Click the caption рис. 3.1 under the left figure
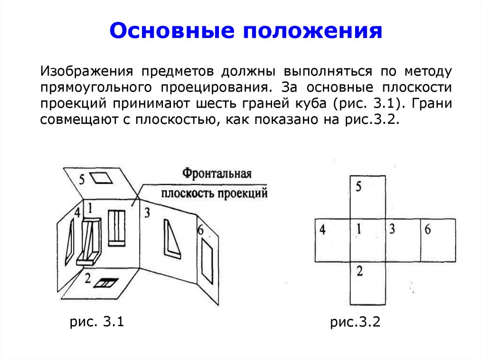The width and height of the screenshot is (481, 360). [x=96, y=322]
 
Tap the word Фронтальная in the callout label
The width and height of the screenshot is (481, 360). [x=217, y=173]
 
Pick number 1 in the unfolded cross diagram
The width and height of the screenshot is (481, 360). [x=358, y=230]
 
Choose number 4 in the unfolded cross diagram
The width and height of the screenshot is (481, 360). [x=323, y=230]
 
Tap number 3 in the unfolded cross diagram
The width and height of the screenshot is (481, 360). [x=392, y=230]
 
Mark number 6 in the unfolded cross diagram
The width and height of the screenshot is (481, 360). [x=427, y=230]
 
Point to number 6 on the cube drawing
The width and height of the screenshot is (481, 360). [x=201, y=230]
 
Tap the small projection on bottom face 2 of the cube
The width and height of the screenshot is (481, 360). [x=107, y=283]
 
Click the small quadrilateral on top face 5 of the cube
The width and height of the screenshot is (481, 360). [x=99, y=177]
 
